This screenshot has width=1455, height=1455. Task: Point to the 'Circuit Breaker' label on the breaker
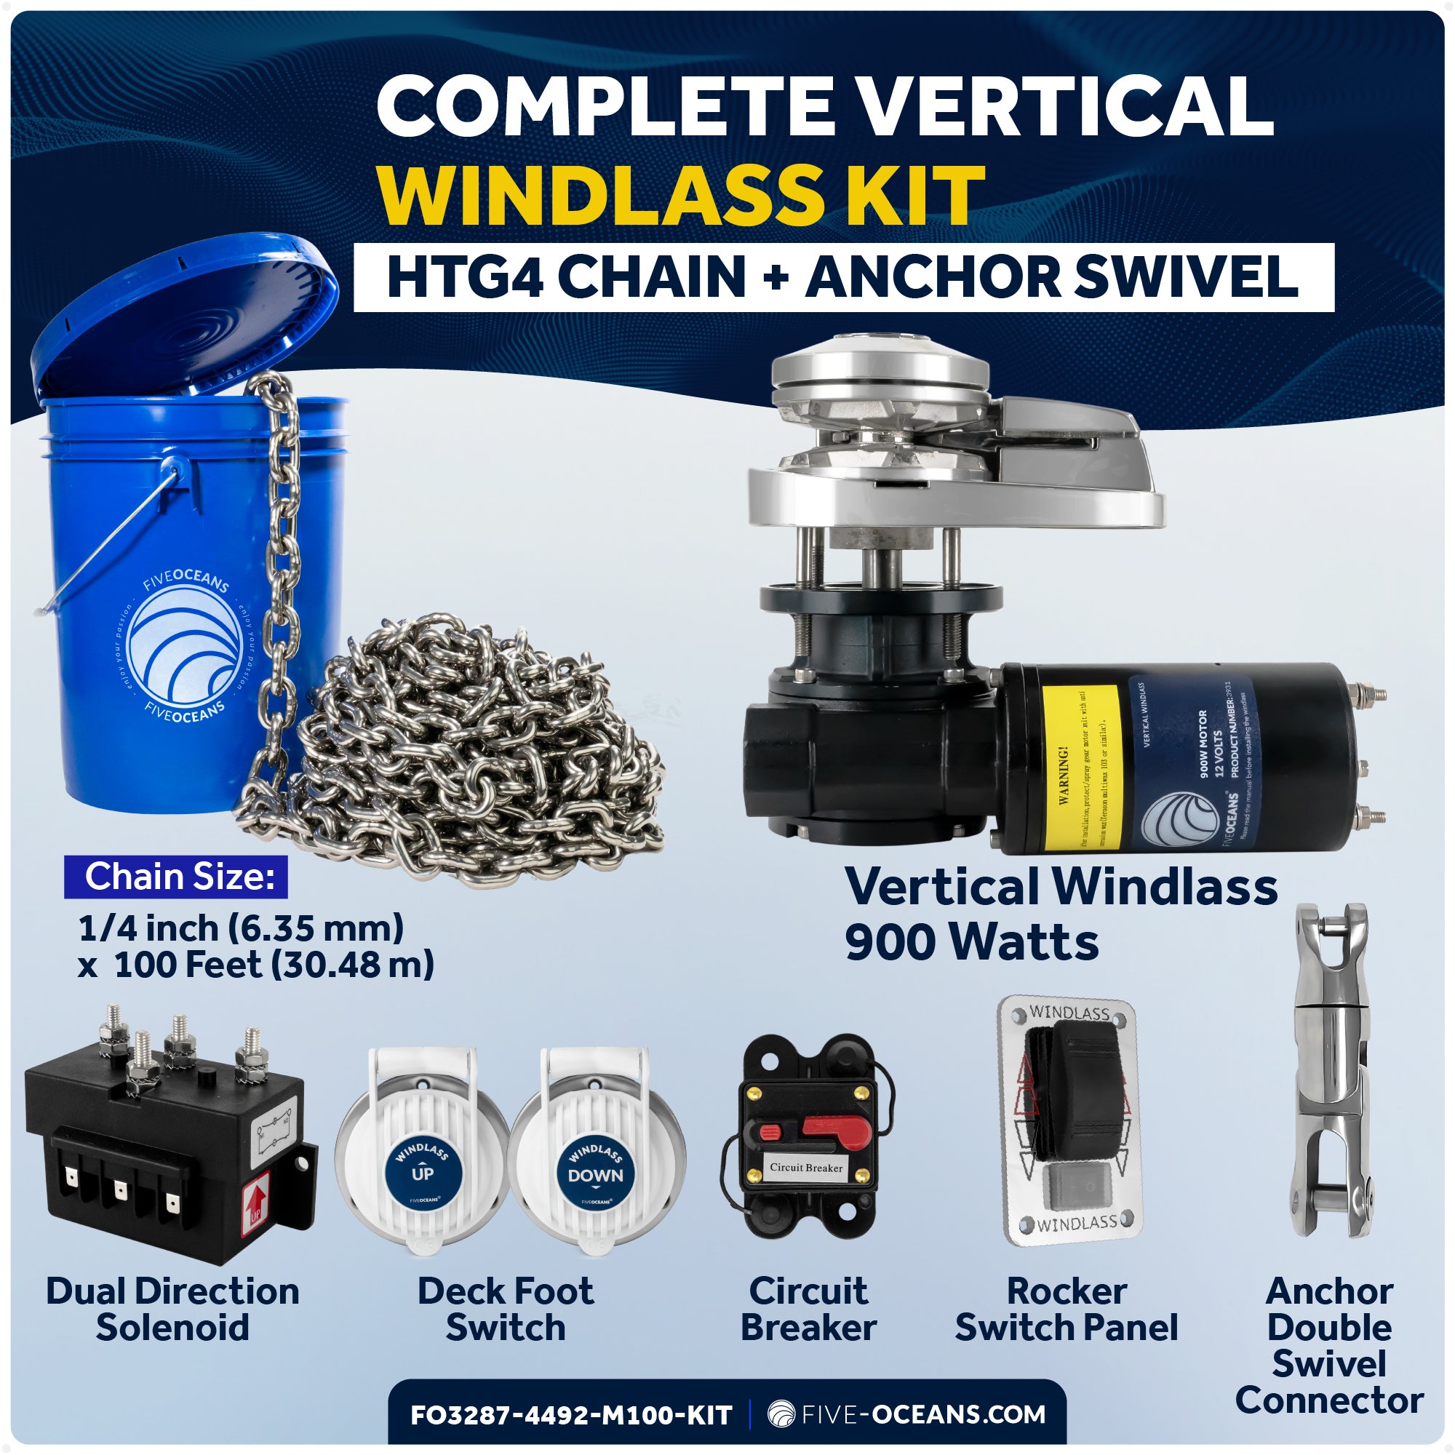(806, 1168)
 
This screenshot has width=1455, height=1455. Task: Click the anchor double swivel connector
(1331, 1069)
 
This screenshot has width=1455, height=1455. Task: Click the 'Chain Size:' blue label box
(176, 877)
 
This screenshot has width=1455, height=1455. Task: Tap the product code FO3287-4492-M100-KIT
(571, 1415)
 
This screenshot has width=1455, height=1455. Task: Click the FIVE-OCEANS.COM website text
(922, 1414)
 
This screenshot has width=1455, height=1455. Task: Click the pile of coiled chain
(467, 753)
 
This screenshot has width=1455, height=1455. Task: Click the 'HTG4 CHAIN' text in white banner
(565, 276)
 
